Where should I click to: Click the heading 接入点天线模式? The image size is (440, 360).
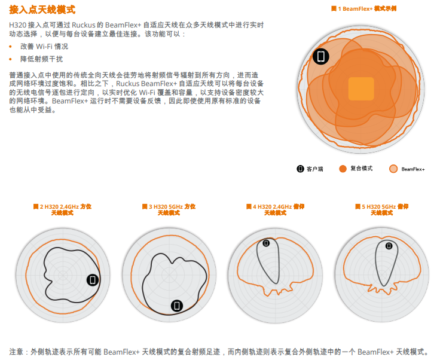[x=42, y=10]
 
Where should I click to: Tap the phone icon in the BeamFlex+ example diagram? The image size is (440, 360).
[x=321, y=56]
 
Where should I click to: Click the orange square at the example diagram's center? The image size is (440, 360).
[x=361, y=89]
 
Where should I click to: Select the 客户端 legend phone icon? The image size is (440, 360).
[x=300, y=169]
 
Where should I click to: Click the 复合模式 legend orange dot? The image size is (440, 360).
[x=343, y=169]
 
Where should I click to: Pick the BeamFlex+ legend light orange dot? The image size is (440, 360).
[x=393, y=169]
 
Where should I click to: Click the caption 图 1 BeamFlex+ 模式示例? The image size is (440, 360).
[x=363, y=9]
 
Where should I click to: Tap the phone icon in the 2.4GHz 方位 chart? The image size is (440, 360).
[x=93, y=280]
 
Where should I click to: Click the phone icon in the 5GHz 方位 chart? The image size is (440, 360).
[x=177, y=306]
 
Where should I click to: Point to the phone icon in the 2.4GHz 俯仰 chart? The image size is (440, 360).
[x=266, y=243]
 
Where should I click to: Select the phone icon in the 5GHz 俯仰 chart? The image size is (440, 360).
[x=389, y=246]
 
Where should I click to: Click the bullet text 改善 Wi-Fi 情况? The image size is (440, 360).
[x=44, y=46]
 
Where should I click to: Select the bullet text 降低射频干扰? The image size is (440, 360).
[x=41, y=59]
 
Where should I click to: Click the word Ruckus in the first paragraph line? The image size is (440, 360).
[x=84, y=25]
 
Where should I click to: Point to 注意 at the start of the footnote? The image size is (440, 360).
[x=16, y=352]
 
